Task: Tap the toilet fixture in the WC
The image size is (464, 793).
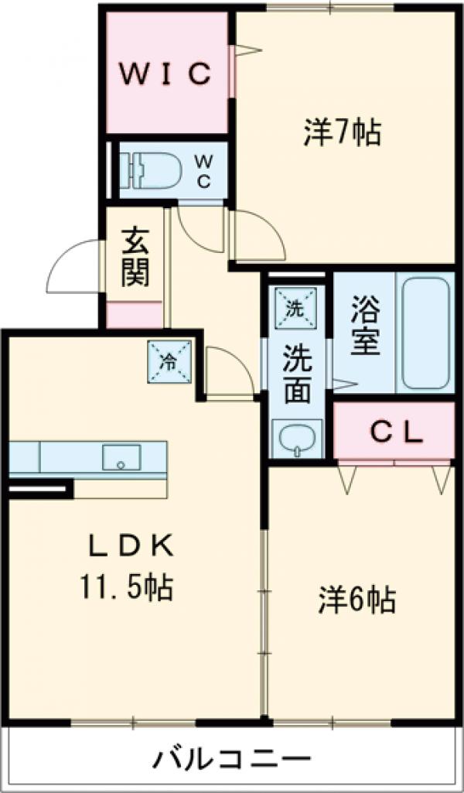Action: (x=155, y=168)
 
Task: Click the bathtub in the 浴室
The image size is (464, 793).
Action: (x=424, y=333)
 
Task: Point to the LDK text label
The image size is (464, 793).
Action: (x=128, y=546)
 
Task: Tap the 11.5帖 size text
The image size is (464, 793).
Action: (x=124, y=590)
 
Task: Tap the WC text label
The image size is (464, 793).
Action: (x=203, y=170)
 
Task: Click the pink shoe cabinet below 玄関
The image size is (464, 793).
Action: (x=135, y=316)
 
